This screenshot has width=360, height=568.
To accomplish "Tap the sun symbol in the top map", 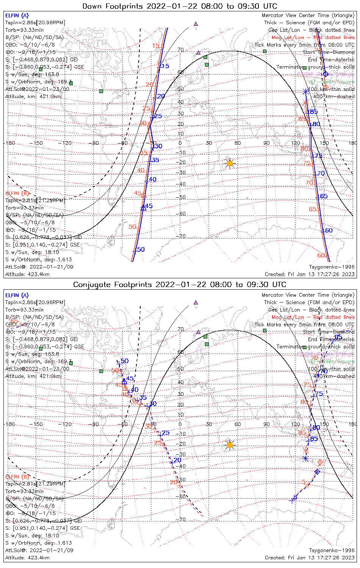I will [x=229, y=164].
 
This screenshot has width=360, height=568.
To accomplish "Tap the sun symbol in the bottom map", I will [x=229, y=445].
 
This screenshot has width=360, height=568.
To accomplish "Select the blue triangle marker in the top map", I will [x=143, y=208].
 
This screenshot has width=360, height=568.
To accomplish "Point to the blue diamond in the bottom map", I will [x=318, y=471].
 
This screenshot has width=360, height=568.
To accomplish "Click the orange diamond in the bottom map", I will [x=320, y=462].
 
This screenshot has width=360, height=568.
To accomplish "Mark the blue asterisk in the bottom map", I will [x=306, y=459].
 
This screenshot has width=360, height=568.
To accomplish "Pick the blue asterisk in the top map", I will [x=305, y=92].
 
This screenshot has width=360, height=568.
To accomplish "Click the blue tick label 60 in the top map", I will [x=328, y=230].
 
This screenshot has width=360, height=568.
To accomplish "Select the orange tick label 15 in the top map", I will [x=156, y=46].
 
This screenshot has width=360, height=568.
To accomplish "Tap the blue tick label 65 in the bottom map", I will [x=338, y=337].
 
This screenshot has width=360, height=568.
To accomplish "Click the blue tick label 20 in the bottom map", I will [x=177, y=460].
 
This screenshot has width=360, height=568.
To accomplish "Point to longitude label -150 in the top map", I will [x=38, y=143].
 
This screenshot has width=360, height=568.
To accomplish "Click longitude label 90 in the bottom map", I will [x=266, y=424].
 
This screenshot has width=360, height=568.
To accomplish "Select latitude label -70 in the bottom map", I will [x=182, y=520].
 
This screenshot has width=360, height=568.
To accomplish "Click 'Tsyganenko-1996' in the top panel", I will [x=332, y=267].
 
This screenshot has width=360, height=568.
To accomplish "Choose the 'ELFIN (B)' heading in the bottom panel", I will [x=17, y=476].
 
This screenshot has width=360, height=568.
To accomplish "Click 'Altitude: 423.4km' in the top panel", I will [x=27, y=274].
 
